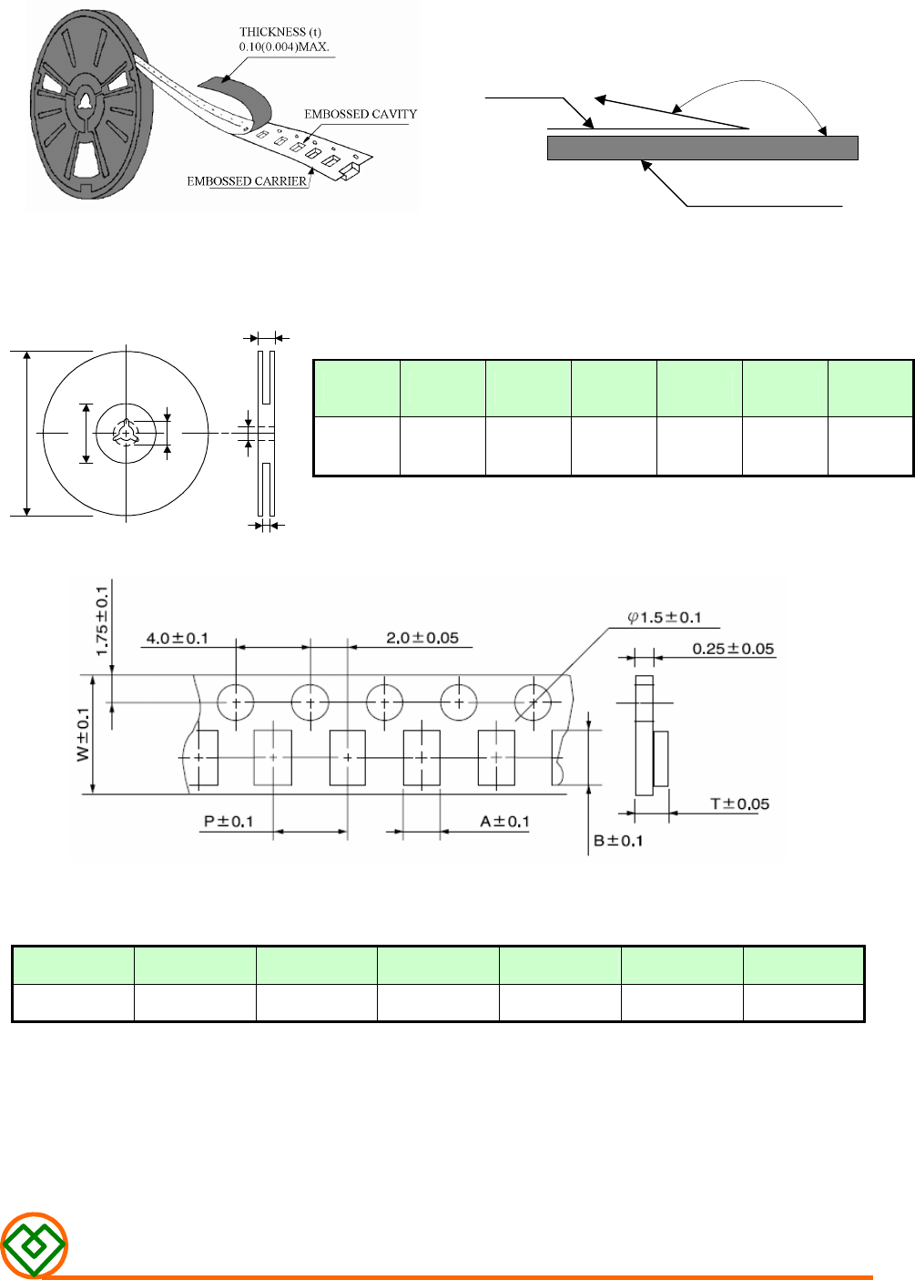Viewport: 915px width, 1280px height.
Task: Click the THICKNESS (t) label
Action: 280,32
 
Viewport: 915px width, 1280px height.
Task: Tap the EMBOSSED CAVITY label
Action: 361,114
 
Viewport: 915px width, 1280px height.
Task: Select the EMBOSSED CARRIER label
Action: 247,181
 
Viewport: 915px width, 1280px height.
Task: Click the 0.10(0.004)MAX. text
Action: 284,46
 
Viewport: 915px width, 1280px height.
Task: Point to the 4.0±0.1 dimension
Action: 177,639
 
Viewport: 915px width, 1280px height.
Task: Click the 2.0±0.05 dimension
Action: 422,638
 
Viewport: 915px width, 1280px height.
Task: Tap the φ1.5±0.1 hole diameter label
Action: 665,618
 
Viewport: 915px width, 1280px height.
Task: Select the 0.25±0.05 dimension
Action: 733,650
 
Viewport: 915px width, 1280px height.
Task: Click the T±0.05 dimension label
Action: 739,804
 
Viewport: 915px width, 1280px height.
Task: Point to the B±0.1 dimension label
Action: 618,841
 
